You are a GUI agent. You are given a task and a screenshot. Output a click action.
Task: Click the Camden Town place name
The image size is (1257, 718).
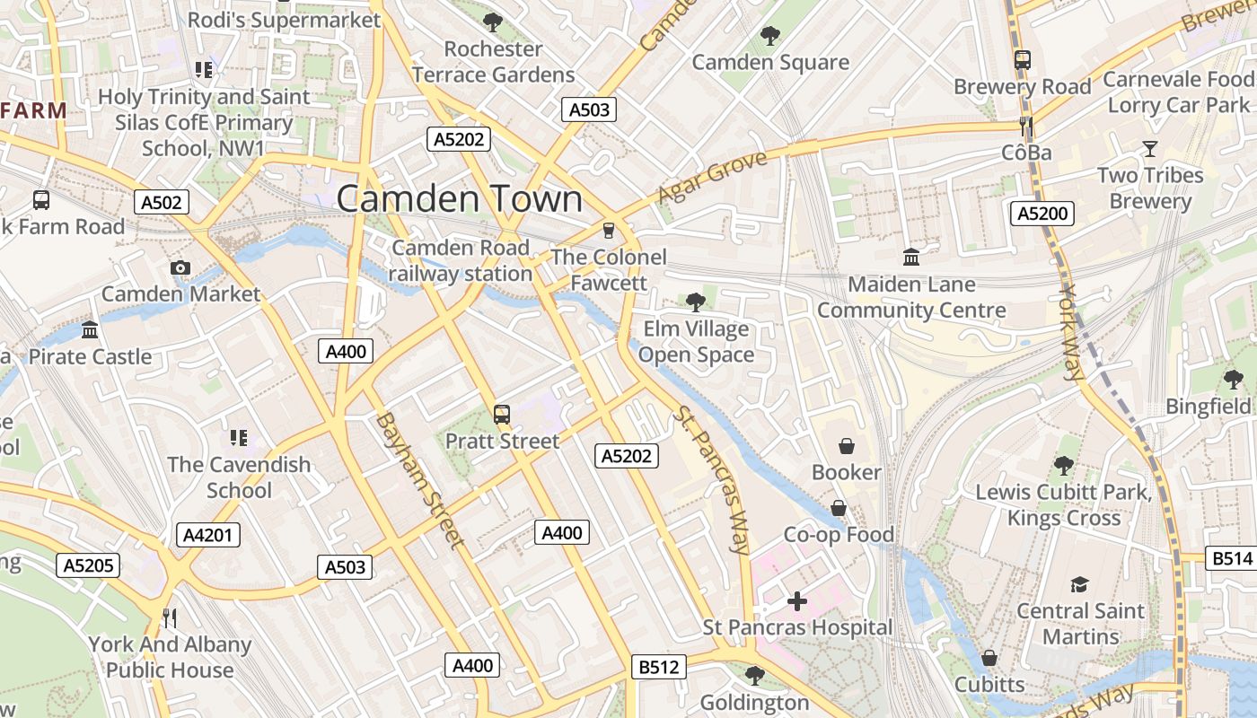(459, 198)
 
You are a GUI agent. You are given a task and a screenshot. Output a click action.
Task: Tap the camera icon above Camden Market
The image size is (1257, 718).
(180, 267)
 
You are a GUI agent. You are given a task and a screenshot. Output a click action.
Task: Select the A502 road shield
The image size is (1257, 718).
(162, 202)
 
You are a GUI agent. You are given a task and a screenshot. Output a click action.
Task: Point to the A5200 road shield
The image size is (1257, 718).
(1042, 214)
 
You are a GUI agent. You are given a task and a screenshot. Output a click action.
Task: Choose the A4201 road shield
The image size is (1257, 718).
(207, 536)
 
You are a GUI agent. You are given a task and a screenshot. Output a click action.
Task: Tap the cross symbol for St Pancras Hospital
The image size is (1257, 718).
(796, 601)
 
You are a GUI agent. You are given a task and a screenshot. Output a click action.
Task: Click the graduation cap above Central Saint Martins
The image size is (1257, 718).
(1079, 585)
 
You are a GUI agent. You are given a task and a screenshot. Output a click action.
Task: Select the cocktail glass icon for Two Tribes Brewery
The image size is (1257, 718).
(1149, 148)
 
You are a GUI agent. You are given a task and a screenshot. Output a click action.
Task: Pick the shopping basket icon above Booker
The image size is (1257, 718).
(846, 446)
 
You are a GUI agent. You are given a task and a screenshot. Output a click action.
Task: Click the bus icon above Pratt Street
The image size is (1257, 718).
(502, 415)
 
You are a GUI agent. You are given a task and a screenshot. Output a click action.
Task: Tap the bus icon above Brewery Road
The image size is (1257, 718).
(1022, 60)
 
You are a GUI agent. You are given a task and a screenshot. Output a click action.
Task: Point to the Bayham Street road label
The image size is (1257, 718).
(419, 480)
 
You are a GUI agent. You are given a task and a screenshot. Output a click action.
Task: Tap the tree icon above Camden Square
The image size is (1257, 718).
(769, 36)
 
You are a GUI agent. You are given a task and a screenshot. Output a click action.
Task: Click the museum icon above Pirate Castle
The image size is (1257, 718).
(90, 330)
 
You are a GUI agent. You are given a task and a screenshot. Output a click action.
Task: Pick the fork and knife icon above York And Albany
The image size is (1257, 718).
(169, 617)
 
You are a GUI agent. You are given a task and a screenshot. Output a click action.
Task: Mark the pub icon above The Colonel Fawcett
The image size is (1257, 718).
(609, 231)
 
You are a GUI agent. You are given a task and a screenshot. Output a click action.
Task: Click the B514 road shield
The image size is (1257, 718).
(1231, 558)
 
